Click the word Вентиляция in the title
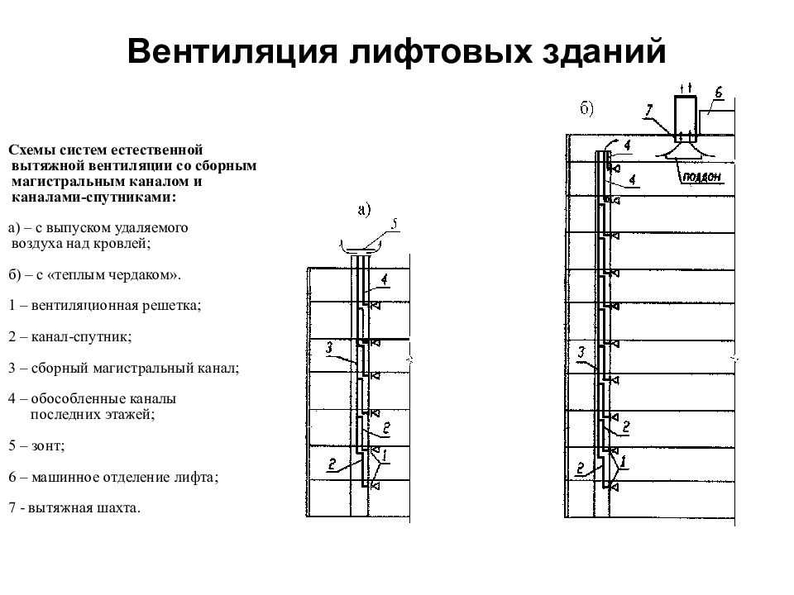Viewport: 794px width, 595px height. click(x=232, y=51)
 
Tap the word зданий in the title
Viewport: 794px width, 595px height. click(x=604, y=51)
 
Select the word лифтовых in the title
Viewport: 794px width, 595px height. click(x=440, y=51)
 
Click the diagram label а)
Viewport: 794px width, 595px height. click(x=365, y=209)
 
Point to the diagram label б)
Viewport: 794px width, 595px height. click(x=587, y=109)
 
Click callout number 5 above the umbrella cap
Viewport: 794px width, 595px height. click(x=395, y=224)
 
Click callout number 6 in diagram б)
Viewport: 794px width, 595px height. click(x=719, y=93)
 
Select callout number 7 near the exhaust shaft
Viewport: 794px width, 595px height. click(x=649, y=111)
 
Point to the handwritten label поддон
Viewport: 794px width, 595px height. click(x=702, y=177)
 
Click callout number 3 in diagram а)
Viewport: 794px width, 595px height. click(x=330, y=348)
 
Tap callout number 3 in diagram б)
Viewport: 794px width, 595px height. click(x=581, y=352)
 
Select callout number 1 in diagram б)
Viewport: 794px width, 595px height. click(x=623, y=461)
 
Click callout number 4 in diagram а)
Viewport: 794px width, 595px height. click(x=385, y=280)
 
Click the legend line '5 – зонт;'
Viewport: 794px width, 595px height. click(x=36, y=445)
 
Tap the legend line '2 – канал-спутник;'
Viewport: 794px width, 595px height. click(x=69, y=337)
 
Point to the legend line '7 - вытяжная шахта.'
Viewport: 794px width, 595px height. click(x=74, y=508)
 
